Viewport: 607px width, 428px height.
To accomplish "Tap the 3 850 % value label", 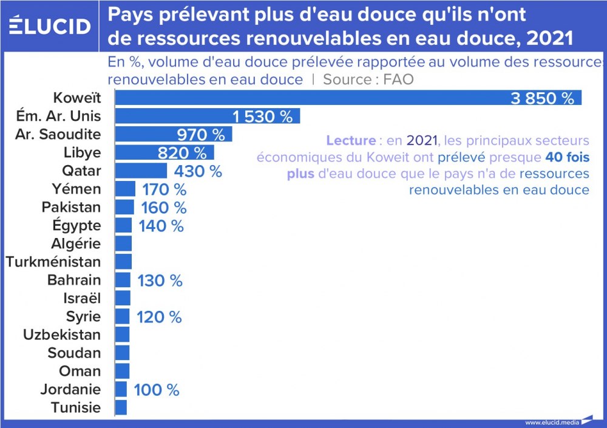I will point(542,99).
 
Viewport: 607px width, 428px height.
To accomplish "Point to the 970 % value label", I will point(200,135).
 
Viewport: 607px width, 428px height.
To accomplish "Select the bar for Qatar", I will point(141,171).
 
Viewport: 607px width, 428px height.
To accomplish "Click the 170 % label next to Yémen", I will point(164,189).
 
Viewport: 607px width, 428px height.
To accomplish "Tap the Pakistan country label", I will point(71,207).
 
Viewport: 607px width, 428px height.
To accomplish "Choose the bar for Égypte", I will point(123,225).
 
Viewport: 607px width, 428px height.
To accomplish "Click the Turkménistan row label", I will point(53,262).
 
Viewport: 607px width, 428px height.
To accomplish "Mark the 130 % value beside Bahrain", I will point(160,280).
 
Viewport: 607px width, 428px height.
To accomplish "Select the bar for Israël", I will point(123,298).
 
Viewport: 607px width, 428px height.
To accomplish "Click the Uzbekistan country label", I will point(62,335).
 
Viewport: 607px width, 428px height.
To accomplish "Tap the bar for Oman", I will point(122,371).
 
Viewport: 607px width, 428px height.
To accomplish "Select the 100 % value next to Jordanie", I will point(156,390).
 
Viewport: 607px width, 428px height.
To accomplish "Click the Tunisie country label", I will point(76,407).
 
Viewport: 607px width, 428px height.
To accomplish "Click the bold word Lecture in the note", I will point(351,140).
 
